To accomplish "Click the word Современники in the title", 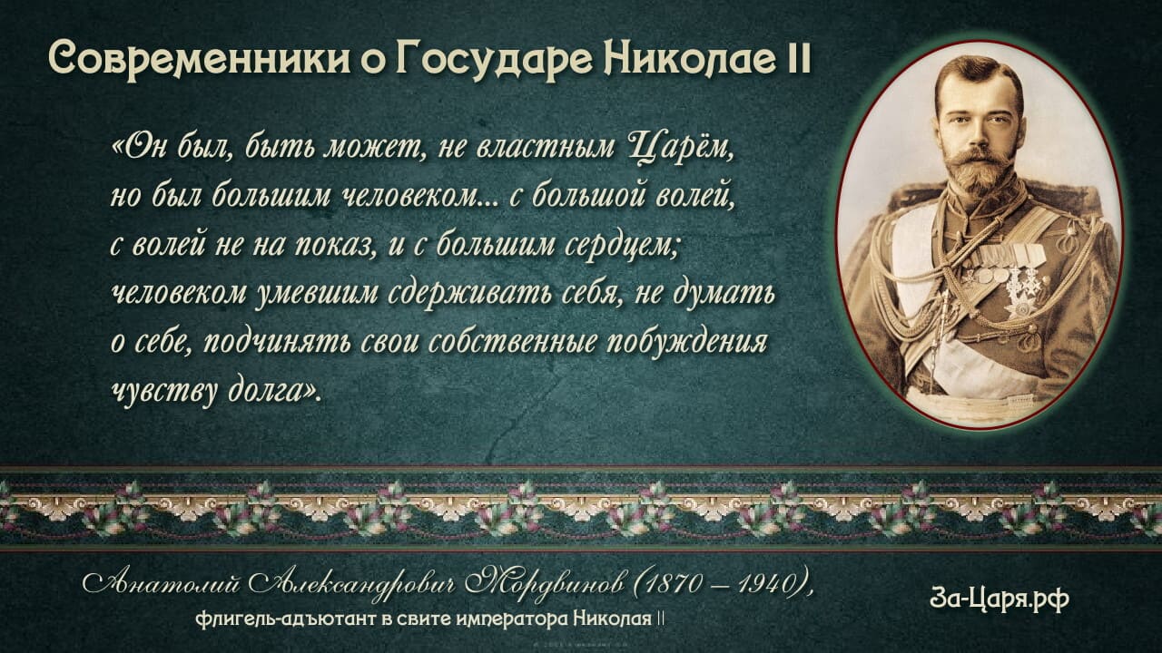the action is point(198,59).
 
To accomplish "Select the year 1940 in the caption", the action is point(767,585).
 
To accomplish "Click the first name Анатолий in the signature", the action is point(161,585).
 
